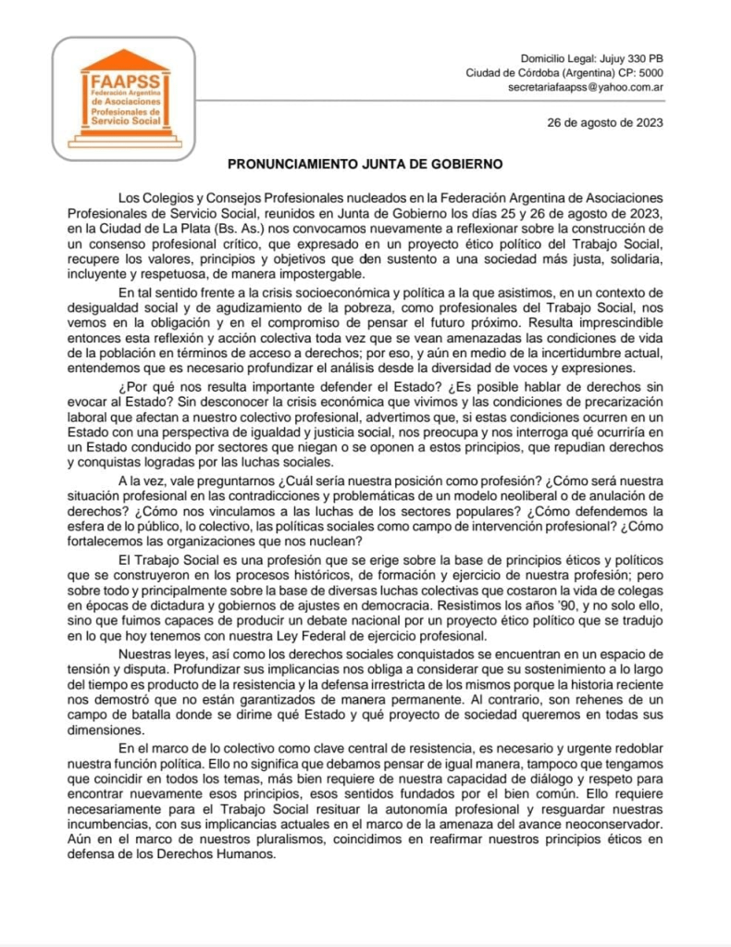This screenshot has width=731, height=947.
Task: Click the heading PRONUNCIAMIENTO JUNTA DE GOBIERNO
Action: point(365,165)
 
